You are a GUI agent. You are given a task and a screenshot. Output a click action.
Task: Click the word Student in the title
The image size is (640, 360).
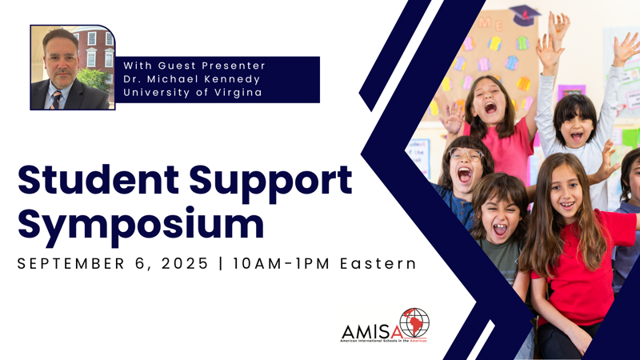point(98,179)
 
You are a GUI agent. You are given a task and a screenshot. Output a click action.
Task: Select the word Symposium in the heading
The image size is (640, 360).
point(141,226)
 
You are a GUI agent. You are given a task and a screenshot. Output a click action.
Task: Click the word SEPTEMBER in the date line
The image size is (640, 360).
point(70,264)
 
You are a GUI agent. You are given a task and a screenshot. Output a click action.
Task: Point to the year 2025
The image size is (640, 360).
point(185,264)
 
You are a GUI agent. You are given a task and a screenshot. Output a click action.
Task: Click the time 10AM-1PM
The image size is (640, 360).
point(282,264)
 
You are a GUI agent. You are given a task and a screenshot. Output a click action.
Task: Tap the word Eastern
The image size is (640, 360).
point(378,264)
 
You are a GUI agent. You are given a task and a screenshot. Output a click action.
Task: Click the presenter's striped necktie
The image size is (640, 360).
point(56,101)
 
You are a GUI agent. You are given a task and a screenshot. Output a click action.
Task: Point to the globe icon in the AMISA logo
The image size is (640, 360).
point(414,323)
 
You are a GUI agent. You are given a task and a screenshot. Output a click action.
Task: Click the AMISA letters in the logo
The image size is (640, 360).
point(371,331)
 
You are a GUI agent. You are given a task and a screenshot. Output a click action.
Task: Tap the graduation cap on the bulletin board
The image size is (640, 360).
point(525,15)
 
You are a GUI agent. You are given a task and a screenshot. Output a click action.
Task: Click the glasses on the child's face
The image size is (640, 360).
point(466,154)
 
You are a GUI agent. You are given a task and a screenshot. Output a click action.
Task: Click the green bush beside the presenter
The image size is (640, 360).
point(94,78)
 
